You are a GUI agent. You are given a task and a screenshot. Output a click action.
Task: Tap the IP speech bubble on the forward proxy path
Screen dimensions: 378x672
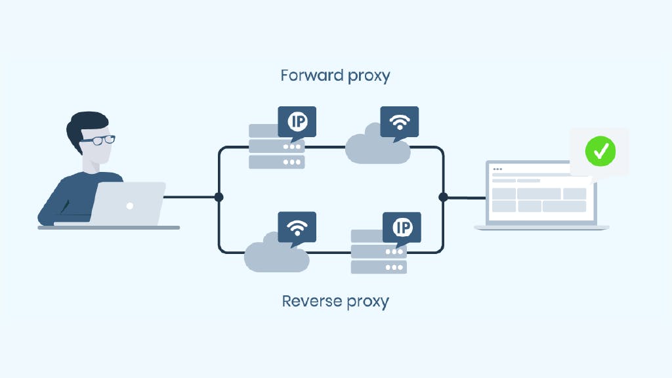point(297,121)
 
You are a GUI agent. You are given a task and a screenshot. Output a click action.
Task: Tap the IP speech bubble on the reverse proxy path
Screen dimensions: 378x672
point(402,227)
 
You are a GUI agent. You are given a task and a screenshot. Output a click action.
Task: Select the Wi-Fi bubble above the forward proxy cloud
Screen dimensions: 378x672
point(399,121)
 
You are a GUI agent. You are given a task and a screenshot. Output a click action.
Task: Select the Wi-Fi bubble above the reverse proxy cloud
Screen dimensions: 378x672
point(297,227)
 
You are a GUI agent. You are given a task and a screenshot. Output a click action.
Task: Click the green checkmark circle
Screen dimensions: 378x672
point(600,151)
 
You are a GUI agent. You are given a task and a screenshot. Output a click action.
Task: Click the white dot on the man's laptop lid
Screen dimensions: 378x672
point(130,205)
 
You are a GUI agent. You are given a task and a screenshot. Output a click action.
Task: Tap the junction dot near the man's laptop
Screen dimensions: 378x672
point(219,197)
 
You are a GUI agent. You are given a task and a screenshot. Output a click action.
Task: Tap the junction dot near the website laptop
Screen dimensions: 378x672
point(443,197)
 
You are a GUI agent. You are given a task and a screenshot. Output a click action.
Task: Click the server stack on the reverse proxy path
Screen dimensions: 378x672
point(379,252)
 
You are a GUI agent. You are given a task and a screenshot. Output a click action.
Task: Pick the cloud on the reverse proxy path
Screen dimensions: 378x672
point(276,255)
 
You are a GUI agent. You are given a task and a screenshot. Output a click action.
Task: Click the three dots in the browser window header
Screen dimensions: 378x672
point(497,169)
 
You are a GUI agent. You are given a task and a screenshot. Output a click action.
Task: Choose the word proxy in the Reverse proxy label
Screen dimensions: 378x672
point(367,303)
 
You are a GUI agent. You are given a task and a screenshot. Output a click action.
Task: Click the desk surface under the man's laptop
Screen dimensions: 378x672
point(108,228)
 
